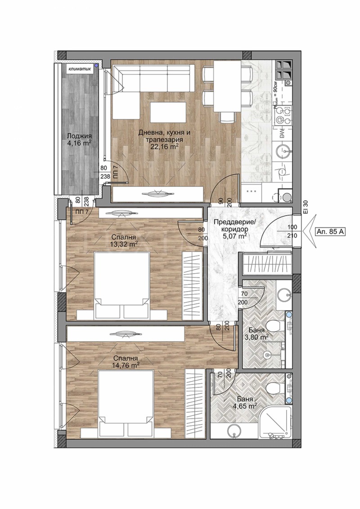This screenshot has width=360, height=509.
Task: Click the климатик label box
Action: [x=80, y=69]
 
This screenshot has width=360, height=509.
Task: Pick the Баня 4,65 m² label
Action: [x=244, y=402]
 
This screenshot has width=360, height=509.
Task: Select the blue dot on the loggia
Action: [x=96, y=66]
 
